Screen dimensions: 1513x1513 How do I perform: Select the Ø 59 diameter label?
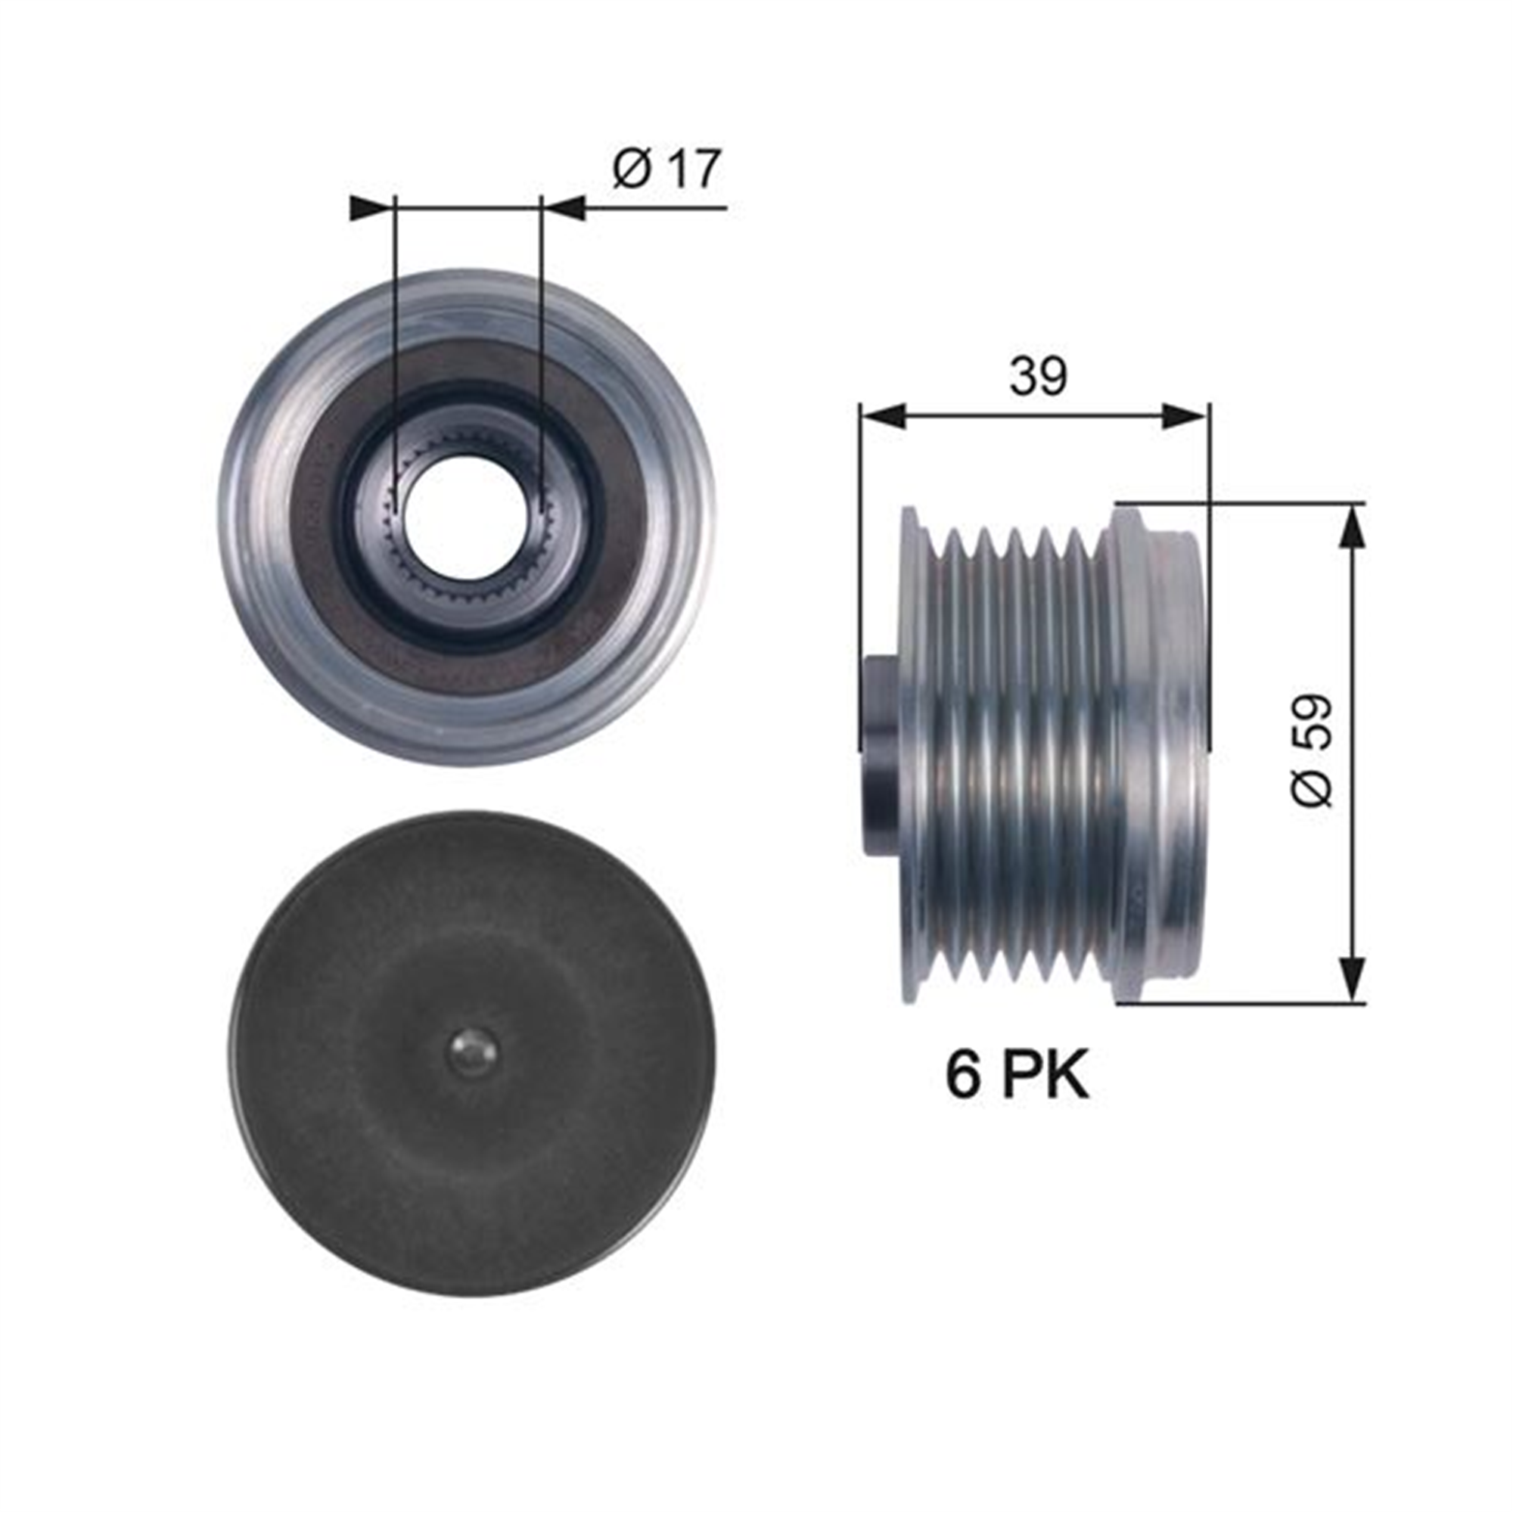click(x=1311, y=750)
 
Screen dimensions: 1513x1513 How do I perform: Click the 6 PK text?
click(x=1017, y=1075)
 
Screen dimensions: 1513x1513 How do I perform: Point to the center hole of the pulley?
click(x=465, y=518)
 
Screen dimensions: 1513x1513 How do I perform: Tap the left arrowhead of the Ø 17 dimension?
click(x=370, y=208)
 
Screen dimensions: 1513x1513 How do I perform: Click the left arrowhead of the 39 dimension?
click(x=882, y=416)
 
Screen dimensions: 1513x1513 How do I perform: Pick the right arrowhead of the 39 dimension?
click(x=1185, y=416)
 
